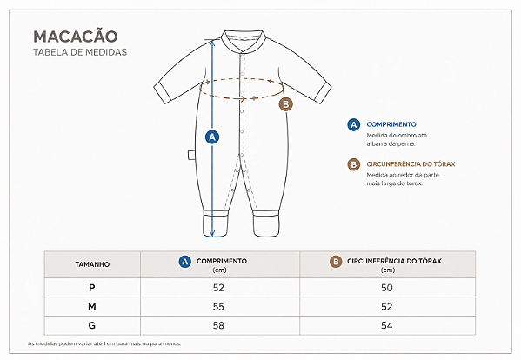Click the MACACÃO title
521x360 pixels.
click(76, 36)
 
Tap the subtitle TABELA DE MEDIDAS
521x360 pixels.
click(80, 52)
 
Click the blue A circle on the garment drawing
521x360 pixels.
click(212, 137)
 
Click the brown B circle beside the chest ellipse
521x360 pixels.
click(285, 104)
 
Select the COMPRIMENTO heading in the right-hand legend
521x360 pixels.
click(391, 124)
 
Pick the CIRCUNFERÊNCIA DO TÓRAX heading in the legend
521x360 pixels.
click(411, 164)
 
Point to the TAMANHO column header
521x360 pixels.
click(92, 264)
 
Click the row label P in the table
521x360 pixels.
click(92, 287)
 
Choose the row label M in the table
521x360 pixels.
click(92, 307)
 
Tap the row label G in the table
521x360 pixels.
click(92, 325)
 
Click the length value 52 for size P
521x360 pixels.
click(218, 288)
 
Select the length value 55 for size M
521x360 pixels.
click(218, 307)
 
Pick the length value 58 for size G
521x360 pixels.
click(218, 325)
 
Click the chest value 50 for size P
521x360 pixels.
click(387, 288)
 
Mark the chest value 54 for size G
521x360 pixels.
click(387, 325)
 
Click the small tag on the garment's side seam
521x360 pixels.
click(191, 155)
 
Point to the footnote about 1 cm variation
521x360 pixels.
click(104, 343)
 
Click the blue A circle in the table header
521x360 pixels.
click(184, 262)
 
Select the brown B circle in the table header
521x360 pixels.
click(336, 262)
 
